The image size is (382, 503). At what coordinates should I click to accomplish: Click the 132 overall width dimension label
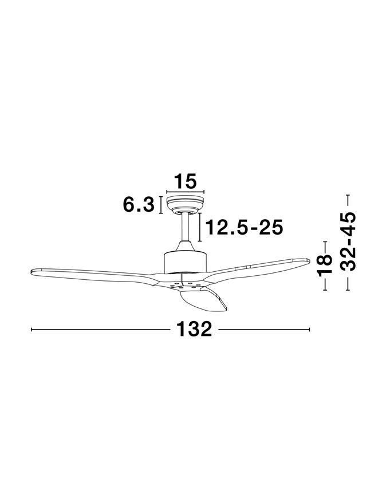click(x=194, y=329)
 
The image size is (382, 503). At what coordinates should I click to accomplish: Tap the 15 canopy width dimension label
click(x=185, y=181)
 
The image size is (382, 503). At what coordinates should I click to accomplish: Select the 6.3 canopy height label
click(x=139, y=204)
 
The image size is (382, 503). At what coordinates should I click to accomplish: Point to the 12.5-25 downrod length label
click(x=244, y=227)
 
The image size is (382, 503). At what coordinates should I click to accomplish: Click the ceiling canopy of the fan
click(x=185, y=205)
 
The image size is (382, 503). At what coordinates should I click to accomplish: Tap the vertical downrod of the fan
click(x=185, y=227)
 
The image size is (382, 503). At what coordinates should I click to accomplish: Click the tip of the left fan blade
click(x=31, y=272)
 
